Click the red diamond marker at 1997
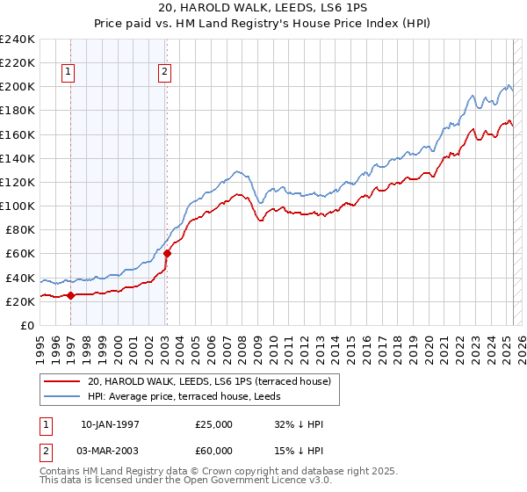tap(71, 295)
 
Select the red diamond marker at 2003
tap(167, 253)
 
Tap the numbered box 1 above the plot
tap(69, 73)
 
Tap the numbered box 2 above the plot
tap(165, 73)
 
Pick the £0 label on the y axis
tap(27, 325)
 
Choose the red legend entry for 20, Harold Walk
tap(209, 381)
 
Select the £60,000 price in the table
tap(214, 453)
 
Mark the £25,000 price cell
tap(214, 424)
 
